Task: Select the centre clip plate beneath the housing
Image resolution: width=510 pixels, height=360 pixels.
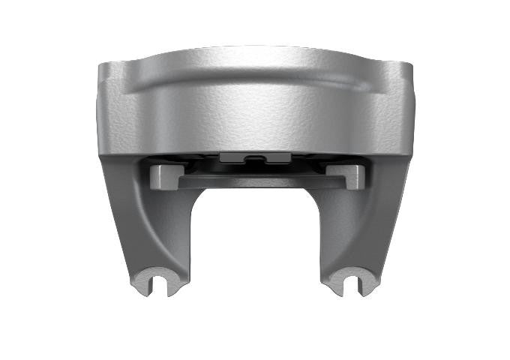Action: point(255,158)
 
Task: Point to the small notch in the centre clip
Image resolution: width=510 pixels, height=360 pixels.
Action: point(255,157)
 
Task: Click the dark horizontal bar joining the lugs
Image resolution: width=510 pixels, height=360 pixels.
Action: point(255,181)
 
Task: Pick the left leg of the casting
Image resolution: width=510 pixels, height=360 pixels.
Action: point(150,225)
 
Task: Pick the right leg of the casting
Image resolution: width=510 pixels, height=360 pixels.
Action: point(360,225)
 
